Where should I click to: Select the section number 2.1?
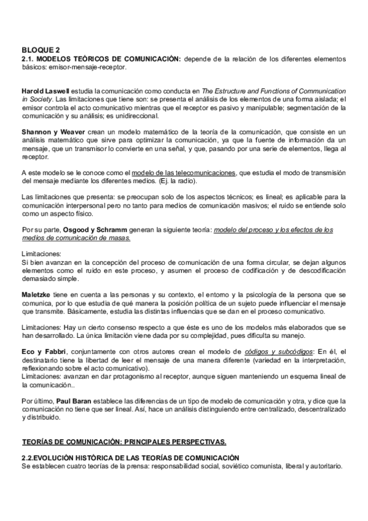point(28,58)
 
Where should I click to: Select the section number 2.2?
point(28,458)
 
